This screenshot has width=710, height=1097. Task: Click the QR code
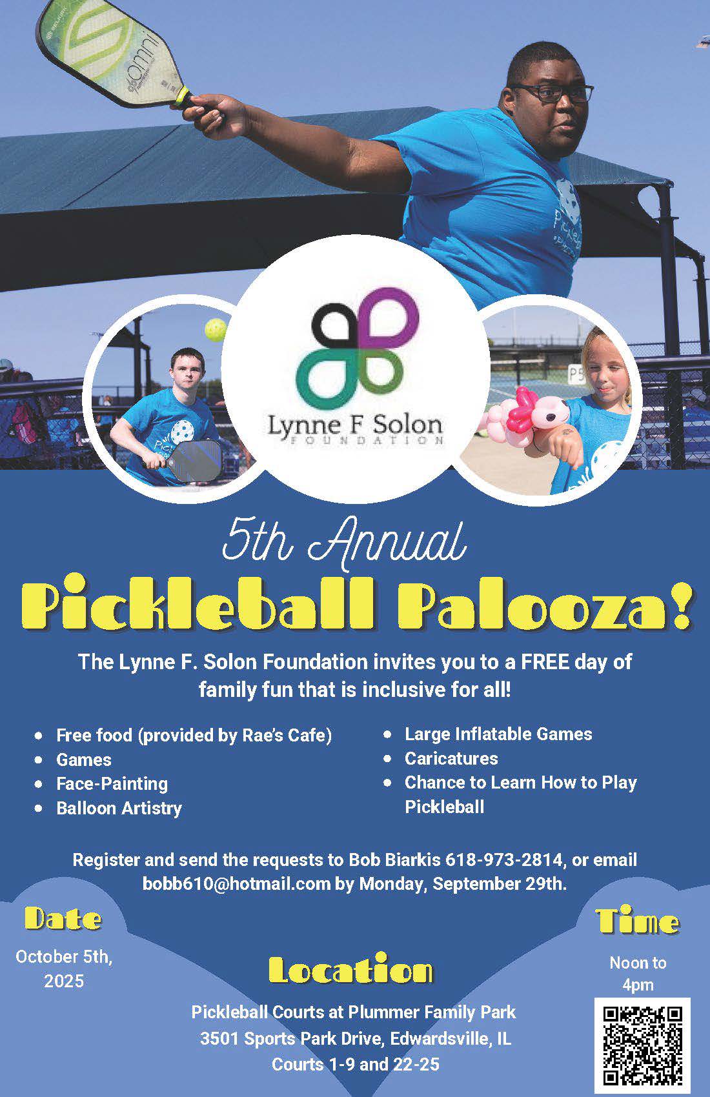click(642, 1045)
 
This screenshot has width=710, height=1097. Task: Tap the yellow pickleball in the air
click(216, 329)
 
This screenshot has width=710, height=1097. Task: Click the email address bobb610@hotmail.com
click(237, 883)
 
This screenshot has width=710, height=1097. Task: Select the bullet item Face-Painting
click(112, 783)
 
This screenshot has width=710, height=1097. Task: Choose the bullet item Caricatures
click(451, 758)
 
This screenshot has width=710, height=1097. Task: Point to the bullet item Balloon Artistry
click(119, 808)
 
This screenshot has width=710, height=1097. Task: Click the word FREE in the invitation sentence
click(545, 661)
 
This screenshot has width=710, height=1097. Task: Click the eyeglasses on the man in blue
click(554, 92)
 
